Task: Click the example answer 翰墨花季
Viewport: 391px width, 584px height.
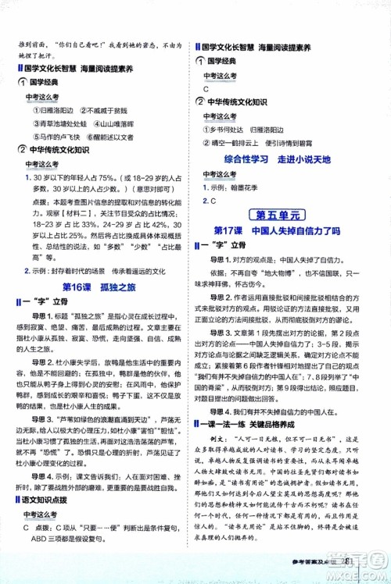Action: coord(246,188)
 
